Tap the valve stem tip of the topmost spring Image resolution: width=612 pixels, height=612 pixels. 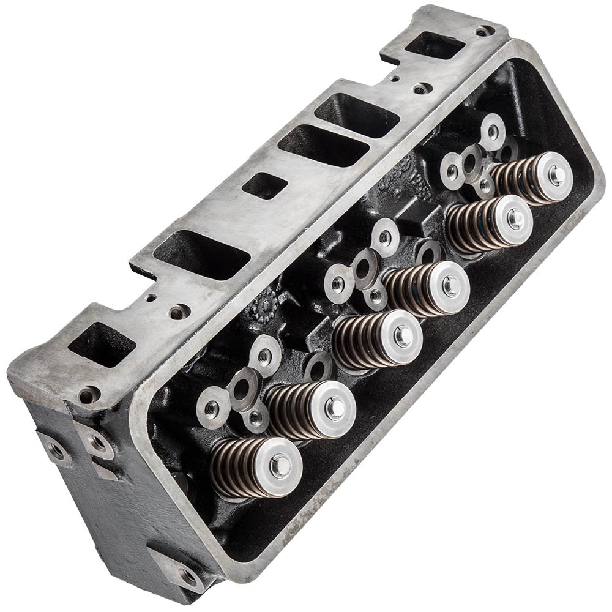[556, 175]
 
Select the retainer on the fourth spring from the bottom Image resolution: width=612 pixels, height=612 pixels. [450, 286]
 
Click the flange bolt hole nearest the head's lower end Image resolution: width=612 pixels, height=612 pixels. [88, 395]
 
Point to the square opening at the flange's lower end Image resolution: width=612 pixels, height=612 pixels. [102, 345]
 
